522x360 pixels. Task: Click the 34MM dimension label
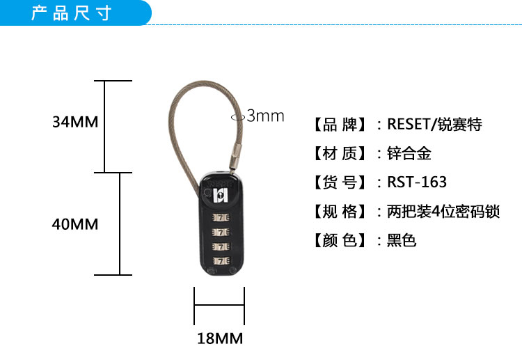click(75, 122)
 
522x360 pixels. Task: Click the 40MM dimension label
click(75, 224)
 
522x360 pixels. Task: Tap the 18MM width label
click(220, 338)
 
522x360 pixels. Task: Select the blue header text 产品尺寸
click(71, 13)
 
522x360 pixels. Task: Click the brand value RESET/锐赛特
click(434, 124)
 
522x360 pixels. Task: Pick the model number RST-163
click(417, 182)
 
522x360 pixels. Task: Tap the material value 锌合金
click(409, 153)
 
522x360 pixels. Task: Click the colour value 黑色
click(402, 240)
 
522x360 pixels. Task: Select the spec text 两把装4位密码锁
click(443, 211)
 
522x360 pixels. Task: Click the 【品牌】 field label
click(340, 125)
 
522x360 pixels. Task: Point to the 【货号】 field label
click(340, 182)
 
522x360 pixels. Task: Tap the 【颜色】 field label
click(340, 240)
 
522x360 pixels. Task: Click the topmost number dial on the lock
click(221, 217)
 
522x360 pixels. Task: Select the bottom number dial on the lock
click(221, 260)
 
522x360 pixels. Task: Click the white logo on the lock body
click(221, 195)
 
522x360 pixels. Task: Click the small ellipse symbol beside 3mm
click(238, 117)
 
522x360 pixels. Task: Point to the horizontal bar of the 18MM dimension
click(219, 305)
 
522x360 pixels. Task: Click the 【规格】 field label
click(340, 212)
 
